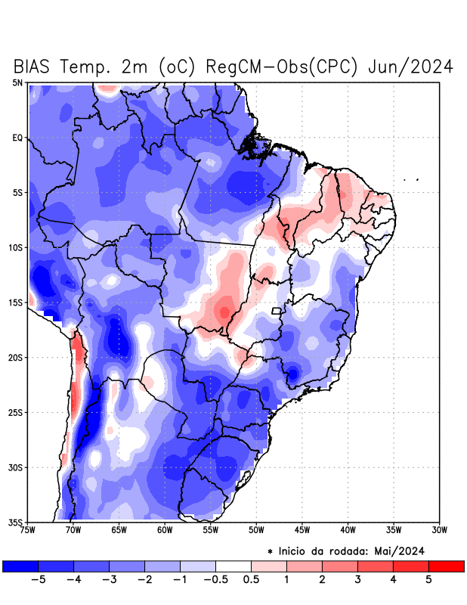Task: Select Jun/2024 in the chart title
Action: tap(410, 67)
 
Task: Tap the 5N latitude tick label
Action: tap(17, 82)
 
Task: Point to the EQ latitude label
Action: tap(17, 138)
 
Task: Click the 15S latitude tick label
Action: tap(16, 302)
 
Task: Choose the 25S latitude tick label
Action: tap(16, 412)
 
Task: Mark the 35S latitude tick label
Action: tap(16, 523)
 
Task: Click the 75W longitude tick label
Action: tap(28, 530)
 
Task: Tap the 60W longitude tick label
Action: tap(165, 530)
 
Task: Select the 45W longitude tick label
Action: tap(302, 530)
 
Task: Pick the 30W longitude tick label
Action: tap(440, 530)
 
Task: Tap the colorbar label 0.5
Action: tap(251, 580)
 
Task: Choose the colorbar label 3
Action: tap(357, 580)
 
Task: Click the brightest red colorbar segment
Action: tap(446, 566)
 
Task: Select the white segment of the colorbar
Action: tap(233, 566)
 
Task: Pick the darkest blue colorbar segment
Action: tap(20, 566)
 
